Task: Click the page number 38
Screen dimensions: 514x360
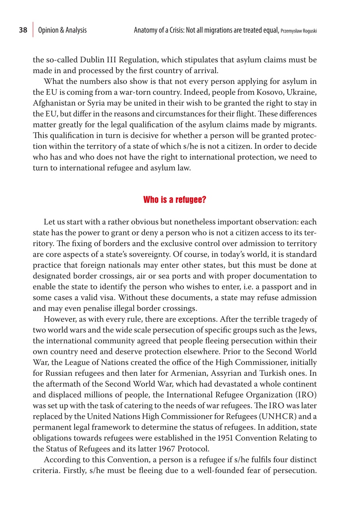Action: click(x=23, y=30)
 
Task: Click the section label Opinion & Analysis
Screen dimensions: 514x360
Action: click(x=62, y=30)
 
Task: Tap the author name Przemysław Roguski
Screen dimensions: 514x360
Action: click(x=299, y=31)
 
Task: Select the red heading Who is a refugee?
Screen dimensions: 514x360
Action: click(x=175, y=200)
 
